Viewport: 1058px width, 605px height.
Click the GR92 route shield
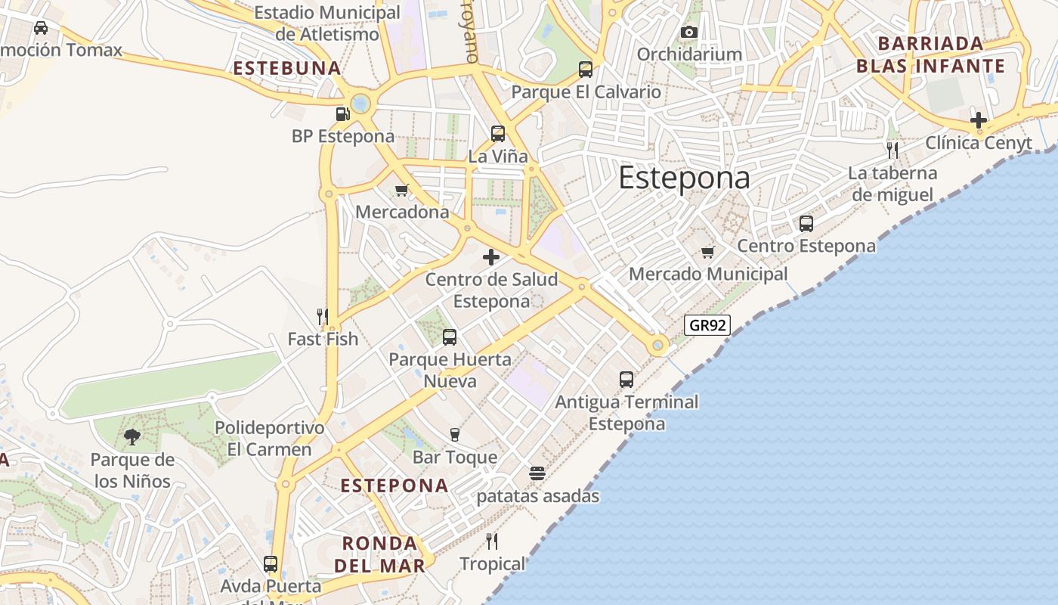point(707,325)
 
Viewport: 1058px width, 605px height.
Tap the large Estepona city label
point(684,178)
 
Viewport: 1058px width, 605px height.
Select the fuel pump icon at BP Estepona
point(342,114)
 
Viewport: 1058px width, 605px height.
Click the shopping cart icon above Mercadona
point(402,190)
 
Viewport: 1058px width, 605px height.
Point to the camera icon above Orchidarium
point(688,32)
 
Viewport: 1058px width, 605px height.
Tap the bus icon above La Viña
point(497,134)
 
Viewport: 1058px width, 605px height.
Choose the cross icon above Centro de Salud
point(491,257)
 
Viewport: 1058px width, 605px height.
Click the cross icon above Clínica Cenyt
point(979,120)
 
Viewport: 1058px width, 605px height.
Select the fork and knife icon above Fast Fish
point(323,316)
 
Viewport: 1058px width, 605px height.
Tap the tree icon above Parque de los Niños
point(132,436)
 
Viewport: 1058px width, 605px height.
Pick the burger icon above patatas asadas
point(537,473)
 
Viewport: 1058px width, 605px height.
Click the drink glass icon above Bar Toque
point(454,434)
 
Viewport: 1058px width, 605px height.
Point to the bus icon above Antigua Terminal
point(626,379)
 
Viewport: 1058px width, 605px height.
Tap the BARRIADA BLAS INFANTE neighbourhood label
point(930,54)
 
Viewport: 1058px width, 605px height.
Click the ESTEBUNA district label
point(287,68)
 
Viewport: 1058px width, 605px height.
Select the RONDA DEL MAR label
point(380,554)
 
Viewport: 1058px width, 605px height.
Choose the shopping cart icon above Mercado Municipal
point(707,252)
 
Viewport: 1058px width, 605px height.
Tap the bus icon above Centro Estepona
point(806,224)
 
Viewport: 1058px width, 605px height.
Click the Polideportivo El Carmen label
point(269,439)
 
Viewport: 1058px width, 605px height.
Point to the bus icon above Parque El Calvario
point(586,70)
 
